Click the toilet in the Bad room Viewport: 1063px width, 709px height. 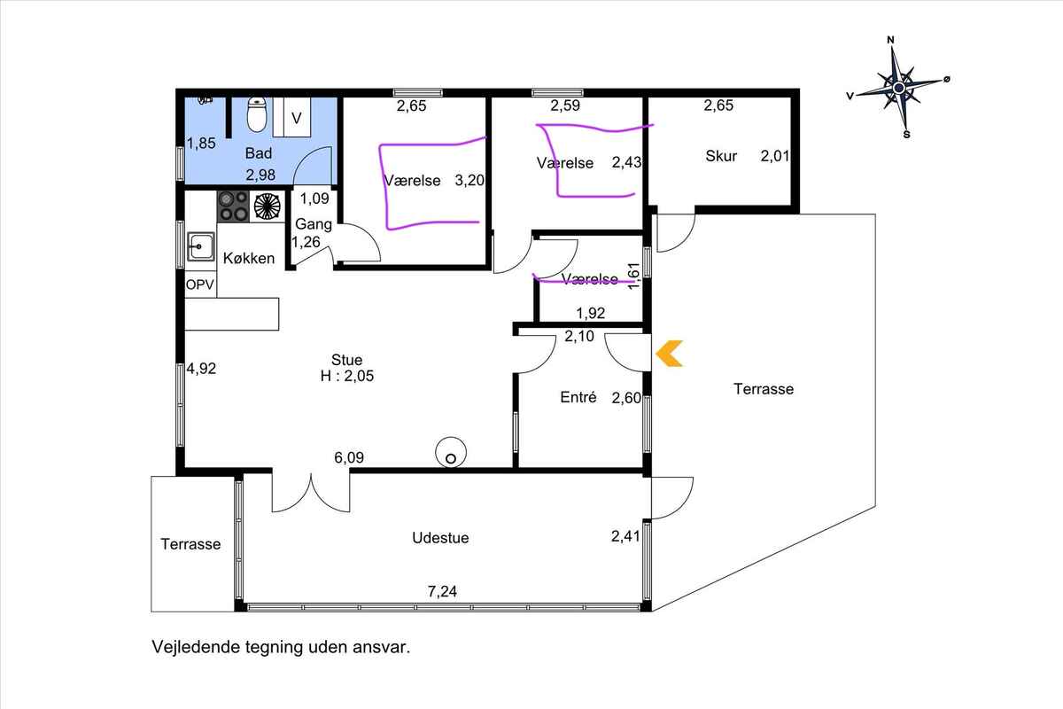click(257, 114)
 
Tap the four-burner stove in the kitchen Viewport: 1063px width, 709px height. click(234, 206)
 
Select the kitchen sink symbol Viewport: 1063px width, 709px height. click(201, 246)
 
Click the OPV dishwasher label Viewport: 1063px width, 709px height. click(200, 284)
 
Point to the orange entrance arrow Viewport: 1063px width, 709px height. click(669, 354)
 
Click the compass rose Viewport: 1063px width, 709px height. click(898, 88)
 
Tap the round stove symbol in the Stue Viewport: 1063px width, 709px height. click(451, 453)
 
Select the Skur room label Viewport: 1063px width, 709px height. click(721, 156)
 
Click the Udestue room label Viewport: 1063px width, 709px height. click(440, 538)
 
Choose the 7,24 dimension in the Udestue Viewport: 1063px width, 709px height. click(442, 591)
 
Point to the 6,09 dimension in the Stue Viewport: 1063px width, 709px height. click(349, 457)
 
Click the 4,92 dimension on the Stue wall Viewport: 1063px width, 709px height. click(201, 368)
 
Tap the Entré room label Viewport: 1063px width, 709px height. click(578, 396)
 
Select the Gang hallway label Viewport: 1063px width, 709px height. click(314, 223)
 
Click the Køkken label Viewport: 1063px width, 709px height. click(249, 258)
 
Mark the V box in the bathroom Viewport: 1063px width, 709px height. click(297, 117)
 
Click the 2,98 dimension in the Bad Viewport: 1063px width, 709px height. click(260, 175)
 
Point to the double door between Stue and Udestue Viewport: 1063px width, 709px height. click(311, 492)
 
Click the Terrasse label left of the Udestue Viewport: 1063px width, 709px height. click(190, 544)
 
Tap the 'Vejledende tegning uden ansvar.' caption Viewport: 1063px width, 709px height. click(281, 647)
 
